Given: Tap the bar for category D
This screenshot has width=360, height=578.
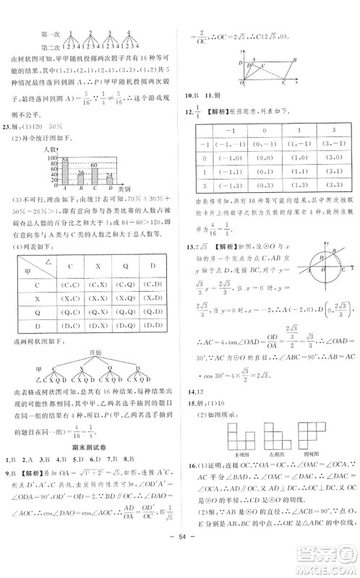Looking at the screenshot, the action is point(109,181).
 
